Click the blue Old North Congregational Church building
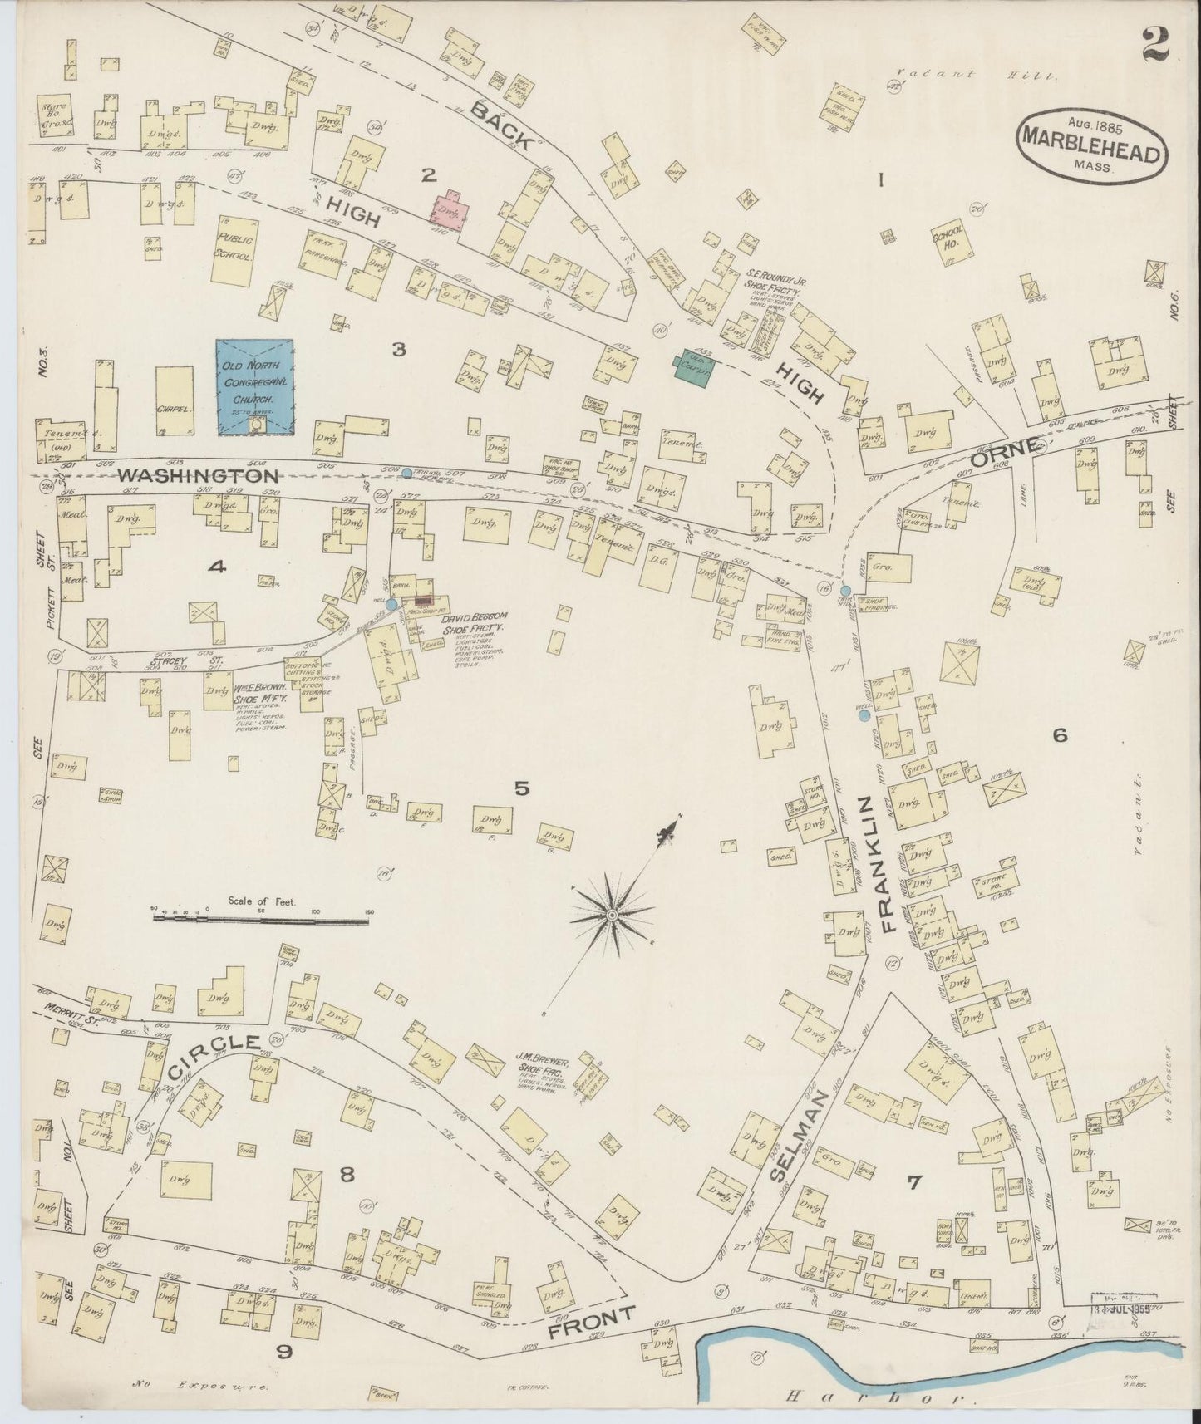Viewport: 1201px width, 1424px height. (254, 386)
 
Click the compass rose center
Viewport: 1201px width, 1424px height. (612, 914)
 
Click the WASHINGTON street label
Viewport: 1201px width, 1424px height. (197, 476)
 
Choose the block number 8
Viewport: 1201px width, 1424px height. (347, 1174)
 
